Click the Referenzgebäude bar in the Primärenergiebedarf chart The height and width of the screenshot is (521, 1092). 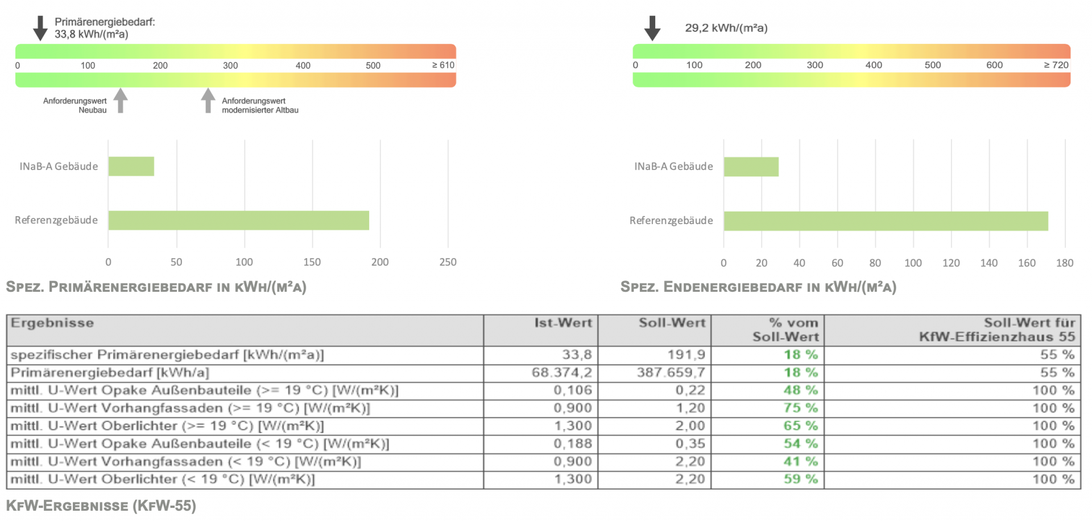click(238, 221)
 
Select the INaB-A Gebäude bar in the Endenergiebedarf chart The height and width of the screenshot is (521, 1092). click(751, 167)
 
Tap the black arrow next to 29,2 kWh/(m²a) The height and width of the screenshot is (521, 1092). click(652, 28)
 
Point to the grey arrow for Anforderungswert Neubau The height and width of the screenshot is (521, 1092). click(120, 100)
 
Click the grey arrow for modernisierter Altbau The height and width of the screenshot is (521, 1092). click(208, 100)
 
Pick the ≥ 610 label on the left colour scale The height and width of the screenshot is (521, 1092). click(443, 65)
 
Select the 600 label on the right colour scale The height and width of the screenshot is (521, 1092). click(994, 65)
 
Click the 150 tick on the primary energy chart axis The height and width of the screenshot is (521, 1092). click(312, 262)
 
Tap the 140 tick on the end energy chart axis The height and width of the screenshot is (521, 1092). click(988, 263)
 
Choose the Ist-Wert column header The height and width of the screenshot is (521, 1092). click(562, 323)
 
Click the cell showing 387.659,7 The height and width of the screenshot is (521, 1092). click(671, 373)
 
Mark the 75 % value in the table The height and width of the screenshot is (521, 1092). click(800, 408)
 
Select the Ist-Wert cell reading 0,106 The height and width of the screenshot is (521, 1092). click(573, 390)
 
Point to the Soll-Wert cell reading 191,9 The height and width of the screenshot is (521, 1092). click(686, 355)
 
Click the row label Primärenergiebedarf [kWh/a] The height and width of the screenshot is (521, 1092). click(110, 373)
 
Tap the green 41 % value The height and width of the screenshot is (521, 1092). click(800, 461)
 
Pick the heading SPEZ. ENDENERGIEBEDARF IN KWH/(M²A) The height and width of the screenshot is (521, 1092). click(758, 287)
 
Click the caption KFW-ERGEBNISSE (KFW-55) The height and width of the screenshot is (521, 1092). click(101, 506)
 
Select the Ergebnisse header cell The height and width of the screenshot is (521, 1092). click(52, 323)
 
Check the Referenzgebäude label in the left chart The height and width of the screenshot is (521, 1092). click(56, 220)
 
